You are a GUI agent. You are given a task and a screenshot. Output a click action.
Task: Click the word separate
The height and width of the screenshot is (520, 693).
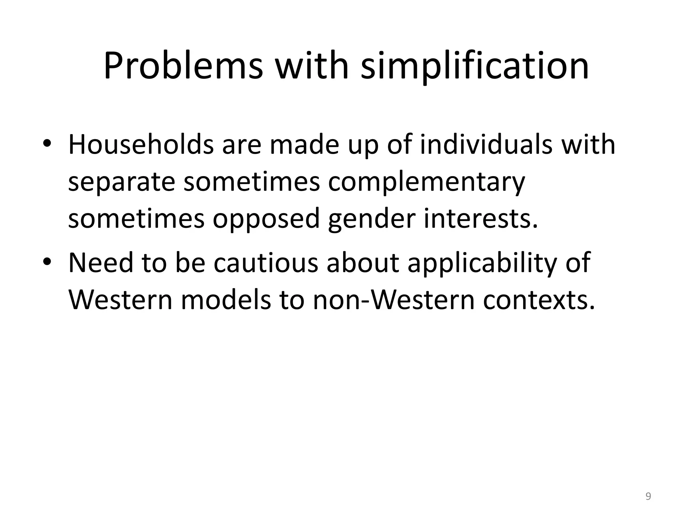click(x=121, y=182)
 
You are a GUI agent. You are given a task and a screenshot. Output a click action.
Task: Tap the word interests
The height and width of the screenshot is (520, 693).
click(x=481, y=218)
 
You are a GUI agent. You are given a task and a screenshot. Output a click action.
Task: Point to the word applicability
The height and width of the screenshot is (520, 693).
click(x=482, y=263)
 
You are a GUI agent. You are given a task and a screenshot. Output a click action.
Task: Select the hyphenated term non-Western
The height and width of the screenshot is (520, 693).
click(x=394, y=300)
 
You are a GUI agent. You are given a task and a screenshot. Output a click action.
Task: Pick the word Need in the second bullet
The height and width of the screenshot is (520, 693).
click(x=100, y=263)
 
